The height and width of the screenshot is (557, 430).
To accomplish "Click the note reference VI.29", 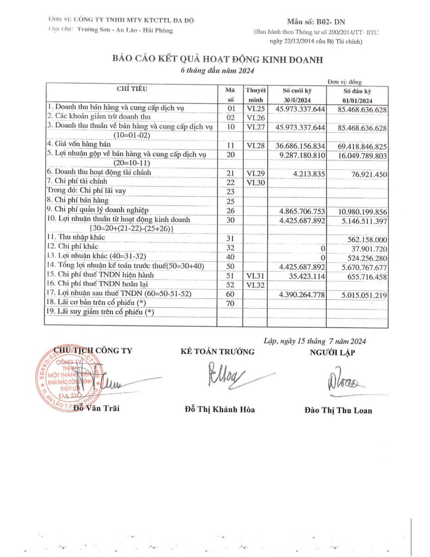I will [x=255, y=173].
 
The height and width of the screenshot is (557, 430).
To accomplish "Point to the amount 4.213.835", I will [x=308, y=174].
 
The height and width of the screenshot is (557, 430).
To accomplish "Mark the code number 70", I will [x=230, y=304].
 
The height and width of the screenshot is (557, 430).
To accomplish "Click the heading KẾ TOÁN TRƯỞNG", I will [x=218, y=351].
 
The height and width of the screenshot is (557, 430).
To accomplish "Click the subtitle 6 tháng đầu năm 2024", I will [x=217, y=71].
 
